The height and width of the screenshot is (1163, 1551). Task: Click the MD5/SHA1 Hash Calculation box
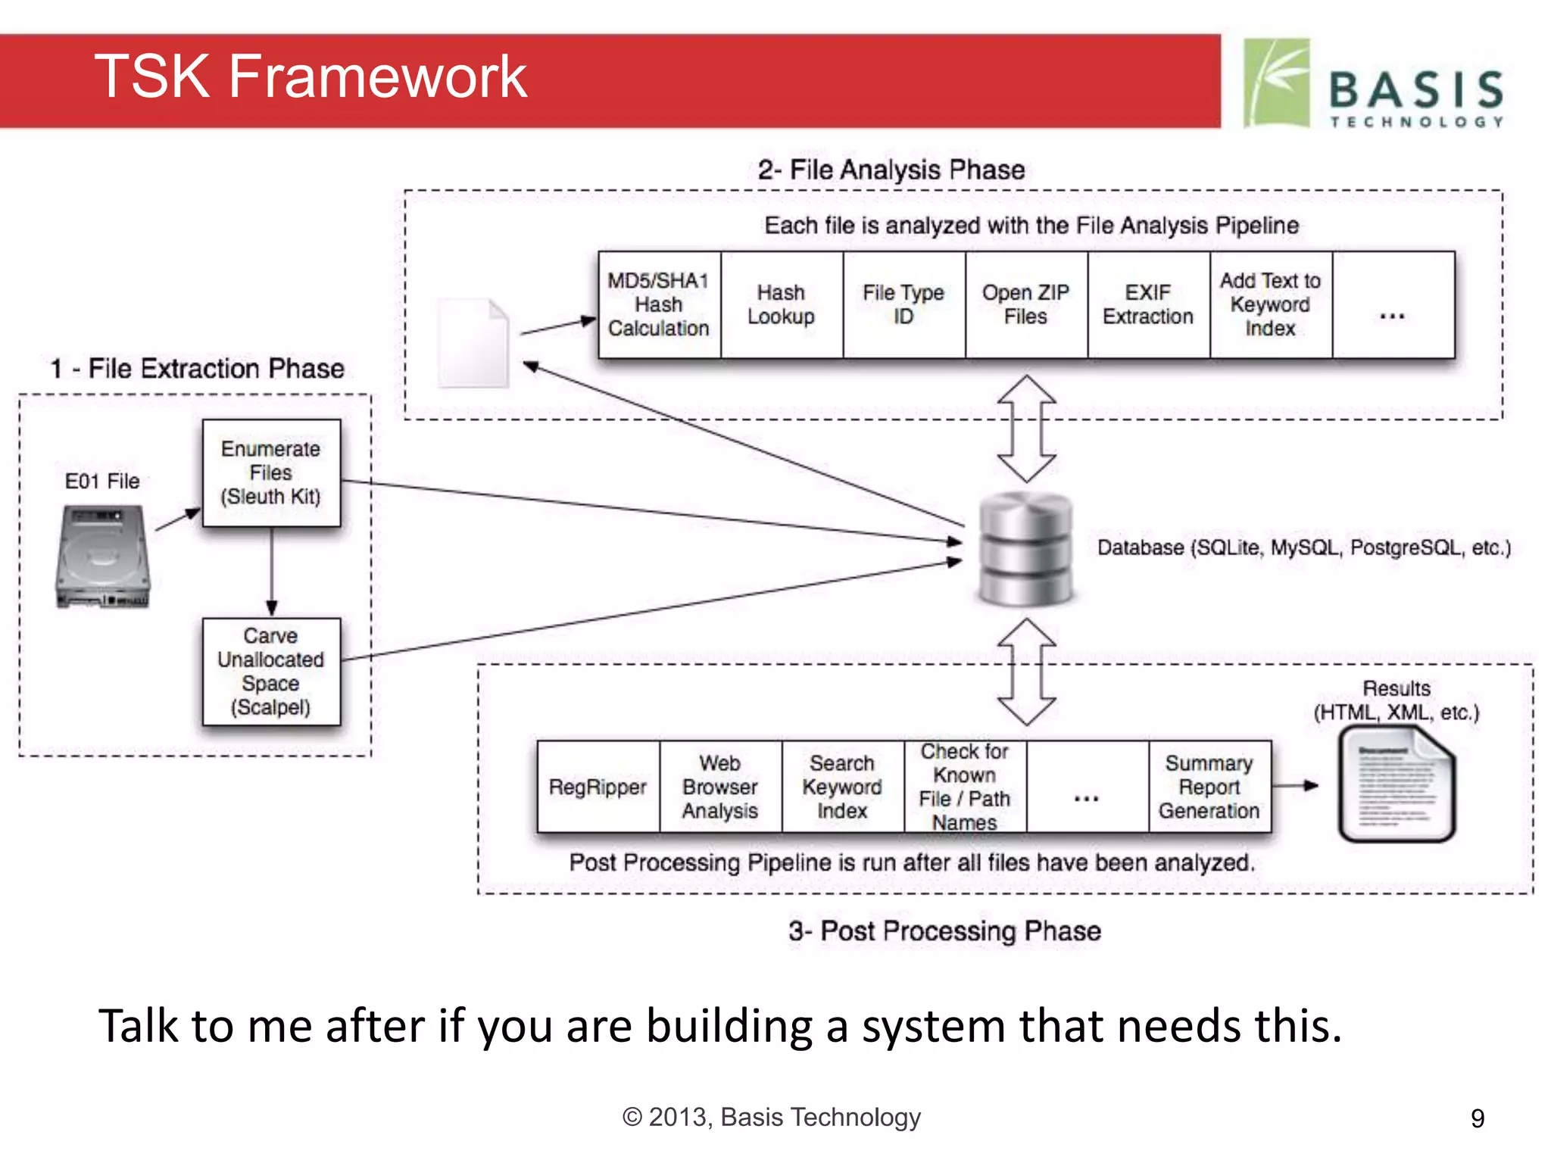659,304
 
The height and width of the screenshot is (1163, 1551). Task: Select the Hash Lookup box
782,304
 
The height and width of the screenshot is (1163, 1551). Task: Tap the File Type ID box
903,304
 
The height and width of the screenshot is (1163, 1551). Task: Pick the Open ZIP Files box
1026,304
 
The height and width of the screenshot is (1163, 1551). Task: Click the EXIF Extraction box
1148,304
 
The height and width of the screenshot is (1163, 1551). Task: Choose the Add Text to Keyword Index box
1270,304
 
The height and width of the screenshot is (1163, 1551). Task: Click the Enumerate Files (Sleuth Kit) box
271,472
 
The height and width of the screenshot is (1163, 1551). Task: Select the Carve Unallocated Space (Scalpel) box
271,672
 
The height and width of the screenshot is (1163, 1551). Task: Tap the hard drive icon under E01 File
103,557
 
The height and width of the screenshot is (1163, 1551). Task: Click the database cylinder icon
1025,549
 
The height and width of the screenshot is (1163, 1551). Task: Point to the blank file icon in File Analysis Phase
473,343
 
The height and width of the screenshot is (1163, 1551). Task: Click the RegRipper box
598,787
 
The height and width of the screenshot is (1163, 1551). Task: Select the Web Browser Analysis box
720,787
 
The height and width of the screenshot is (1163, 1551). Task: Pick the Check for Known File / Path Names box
965,787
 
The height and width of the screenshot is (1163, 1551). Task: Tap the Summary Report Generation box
1209,787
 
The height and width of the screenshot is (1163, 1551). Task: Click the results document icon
1397,784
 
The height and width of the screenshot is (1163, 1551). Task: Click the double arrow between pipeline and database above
1026,429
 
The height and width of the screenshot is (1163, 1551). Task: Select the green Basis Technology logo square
1277,83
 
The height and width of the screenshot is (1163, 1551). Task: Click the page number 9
1477,1118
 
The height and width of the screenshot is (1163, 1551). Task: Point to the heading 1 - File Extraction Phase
197,369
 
